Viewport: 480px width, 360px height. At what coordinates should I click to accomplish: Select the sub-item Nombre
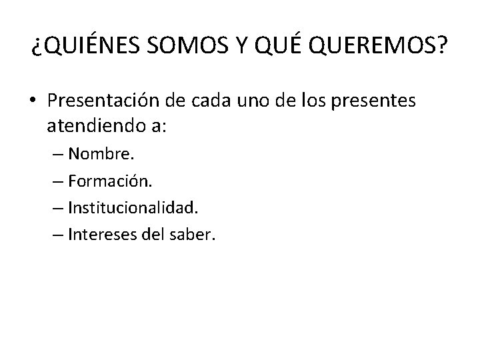[101, 155]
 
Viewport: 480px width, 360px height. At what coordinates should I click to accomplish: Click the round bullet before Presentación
[33, 101]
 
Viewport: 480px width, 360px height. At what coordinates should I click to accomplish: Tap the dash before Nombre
[55, 155]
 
